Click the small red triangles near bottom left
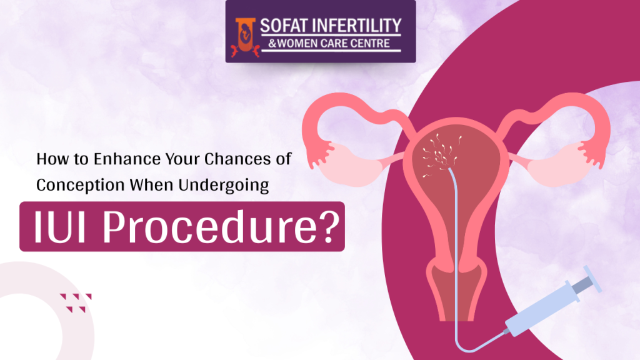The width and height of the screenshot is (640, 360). (x=76, y=301)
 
